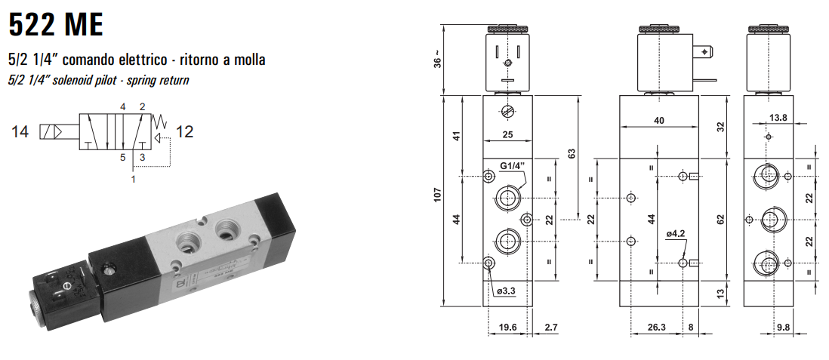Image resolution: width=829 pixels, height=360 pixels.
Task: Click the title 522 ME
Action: click(x=55, y=24)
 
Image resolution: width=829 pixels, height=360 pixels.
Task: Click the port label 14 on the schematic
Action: click(x=20, y=132)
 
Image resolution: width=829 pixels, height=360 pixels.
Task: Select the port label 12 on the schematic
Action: click(x=184, y=132)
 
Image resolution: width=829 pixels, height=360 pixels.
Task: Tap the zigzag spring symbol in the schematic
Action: click(x=159, y=120)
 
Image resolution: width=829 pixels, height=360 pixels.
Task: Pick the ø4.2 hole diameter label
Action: click(x=675, y=233)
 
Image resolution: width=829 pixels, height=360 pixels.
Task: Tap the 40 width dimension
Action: click(x=659, y=121)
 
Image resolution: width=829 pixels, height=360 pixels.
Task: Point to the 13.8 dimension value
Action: click(x=778, y=117)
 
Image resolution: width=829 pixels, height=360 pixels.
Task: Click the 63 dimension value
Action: click(x=572, y=153)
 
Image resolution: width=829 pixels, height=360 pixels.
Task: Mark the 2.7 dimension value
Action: click(x=550, y=328)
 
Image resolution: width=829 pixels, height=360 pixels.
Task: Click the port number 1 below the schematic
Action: click(x=133, y=180)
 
